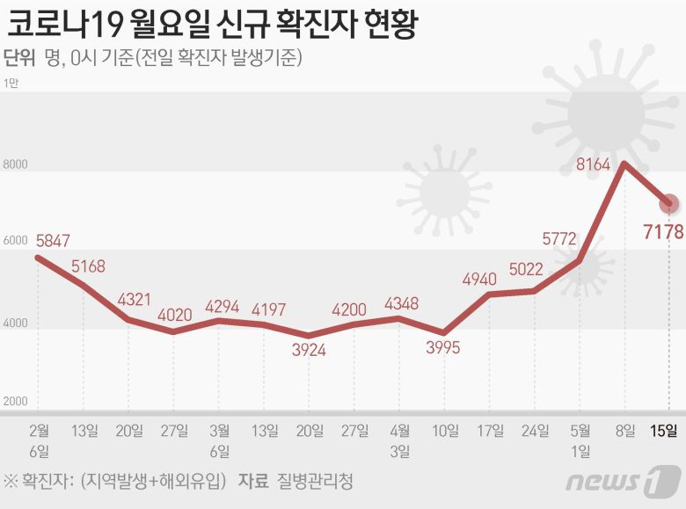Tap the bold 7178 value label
coord(652,233)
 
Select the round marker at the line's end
coord(669,204)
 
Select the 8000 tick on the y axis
coord(16,164)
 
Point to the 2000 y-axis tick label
coord(16,402)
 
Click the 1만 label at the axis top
coord(11,84)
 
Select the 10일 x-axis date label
coord(445,430)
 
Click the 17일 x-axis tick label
coord(490,430)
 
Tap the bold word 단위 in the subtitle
coord(19,58)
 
